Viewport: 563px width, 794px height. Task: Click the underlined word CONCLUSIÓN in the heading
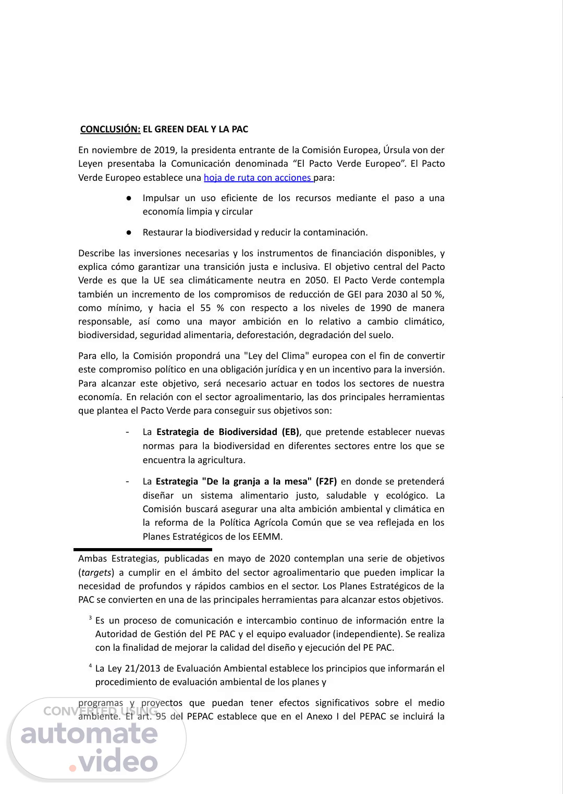[110, 129]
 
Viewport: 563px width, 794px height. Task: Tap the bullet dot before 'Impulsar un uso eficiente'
[128, 198]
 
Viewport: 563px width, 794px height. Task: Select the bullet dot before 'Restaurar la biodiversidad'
[128, 232]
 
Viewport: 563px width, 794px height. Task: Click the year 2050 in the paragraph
[316, 280]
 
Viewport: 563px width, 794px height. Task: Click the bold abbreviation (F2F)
[326, 481]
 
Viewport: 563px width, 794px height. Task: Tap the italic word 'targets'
[96, 572]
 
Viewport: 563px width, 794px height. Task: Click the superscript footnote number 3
[90, 618]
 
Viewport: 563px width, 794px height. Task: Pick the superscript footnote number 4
[90, 666]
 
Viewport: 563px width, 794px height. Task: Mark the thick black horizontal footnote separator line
[143, 549]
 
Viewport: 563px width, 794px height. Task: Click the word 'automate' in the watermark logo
[89, 734]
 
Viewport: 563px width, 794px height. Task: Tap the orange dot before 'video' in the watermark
[72, 767]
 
